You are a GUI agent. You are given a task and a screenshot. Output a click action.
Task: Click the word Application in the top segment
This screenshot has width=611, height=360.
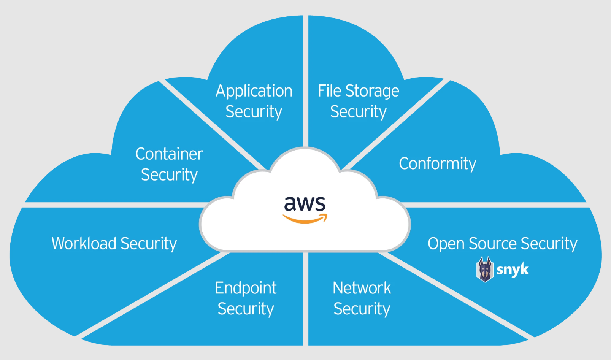tap(254, 91)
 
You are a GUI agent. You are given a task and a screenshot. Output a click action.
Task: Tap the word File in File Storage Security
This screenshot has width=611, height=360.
tap(329, 91)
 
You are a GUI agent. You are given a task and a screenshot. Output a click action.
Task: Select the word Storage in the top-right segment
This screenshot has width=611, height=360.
tap(372, 91)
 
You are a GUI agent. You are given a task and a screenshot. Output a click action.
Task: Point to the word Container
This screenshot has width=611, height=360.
tap(169, 154)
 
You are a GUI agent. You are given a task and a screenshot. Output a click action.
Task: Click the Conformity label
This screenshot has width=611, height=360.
tap(437, 164)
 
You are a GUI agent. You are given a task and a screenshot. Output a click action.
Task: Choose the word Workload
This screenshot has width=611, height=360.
tap(84, 244)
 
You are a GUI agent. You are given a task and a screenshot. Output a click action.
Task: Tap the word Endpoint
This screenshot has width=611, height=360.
tap(246, 288)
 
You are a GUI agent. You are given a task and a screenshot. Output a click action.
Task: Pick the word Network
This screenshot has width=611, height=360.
tap(362, 288)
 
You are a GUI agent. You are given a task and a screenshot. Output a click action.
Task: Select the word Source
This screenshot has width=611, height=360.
tap(493, 244)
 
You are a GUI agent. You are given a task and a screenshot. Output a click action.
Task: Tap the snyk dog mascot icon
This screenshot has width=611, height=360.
tap(485, 269)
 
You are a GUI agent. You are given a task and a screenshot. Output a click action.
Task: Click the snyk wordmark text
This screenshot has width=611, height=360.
tap(513, 270)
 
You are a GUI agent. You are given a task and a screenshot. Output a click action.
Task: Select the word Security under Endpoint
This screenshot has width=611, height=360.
tap(246, 309)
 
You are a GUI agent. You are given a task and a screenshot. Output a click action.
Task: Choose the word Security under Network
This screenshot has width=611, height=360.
tap(362, 309)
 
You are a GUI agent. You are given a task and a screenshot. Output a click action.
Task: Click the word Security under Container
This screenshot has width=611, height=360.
tap(169, 175)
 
